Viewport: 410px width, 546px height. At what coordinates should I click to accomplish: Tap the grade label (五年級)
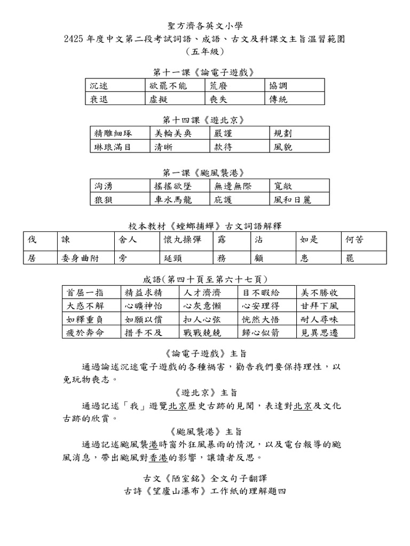point(205,52)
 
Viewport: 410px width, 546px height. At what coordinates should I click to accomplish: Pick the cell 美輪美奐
point(180,133)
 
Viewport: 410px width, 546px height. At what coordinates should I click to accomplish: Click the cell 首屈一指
point(91,292)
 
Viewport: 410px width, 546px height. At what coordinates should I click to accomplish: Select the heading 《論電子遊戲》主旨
point(205,354)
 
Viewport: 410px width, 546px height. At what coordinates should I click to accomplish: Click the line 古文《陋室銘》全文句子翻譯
point(205,478)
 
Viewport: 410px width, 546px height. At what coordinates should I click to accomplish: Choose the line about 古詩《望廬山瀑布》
point(205,491)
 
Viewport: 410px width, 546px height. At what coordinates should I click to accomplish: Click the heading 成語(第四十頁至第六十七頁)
point(205,279)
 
